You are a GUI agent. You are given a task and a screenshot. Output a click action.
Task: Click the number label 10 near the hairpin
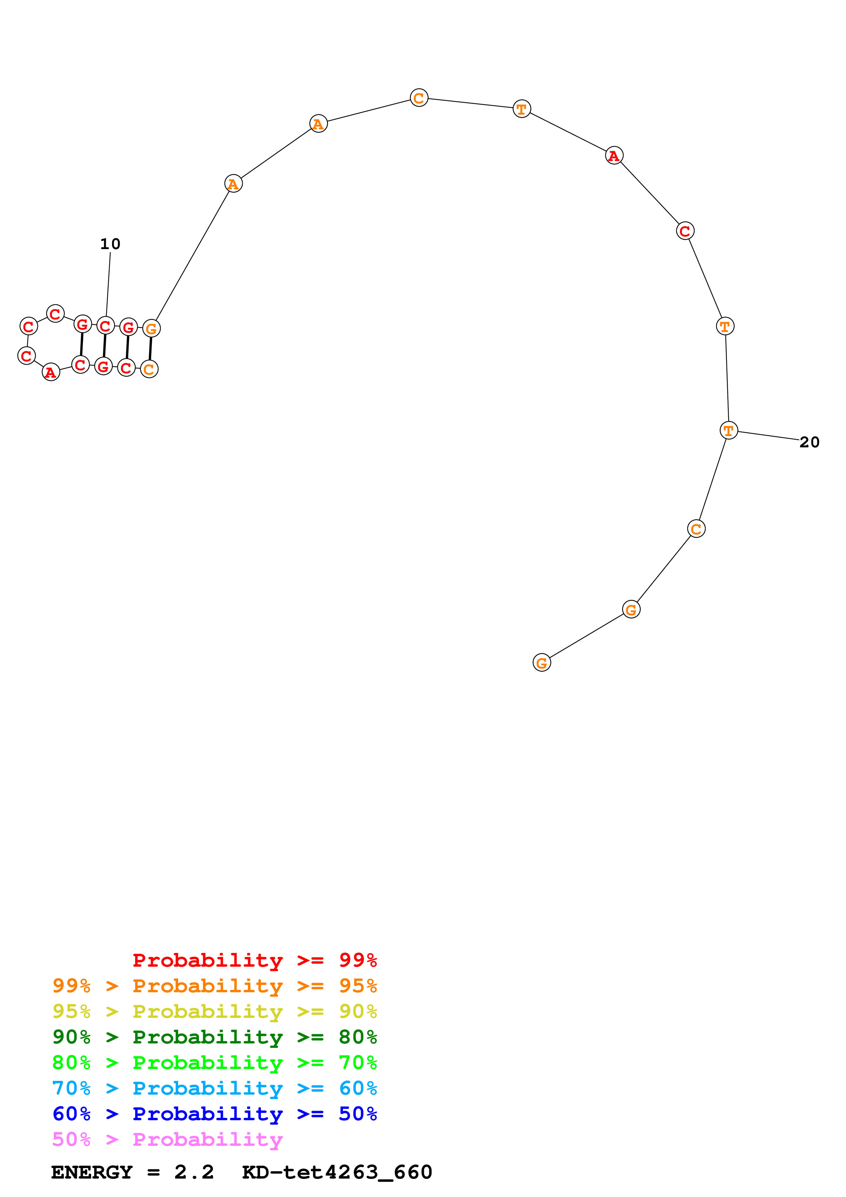pyautogui.click(x=110, y=244)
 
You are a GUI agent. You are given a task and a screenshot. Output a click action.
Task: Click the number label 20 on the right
pyautogui.click(x=809, y=442)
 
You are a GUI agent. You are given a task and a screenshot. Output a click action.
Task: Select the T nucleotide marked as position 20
pyautogui.click(x=728, y=431)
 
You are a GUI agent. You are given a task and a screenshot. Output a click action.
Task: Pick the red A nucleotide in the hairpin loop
pyautogui.click(x=51, y=372)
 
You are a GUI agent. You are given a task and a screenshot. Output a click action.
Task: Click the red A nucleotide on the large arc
pyautogui.click(x=614, y=155)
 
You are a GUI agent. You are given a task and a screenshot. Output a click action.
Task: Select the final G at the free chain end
pyautogui.click(x=542, y=663)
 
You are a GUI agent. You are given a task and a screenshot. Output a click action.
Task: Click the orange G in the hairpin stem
pyautogui.click(x=151, y=329)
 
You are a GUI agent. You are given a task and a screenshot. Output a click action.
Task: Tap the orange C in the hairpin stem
pyautogui.click(x=149, y=369)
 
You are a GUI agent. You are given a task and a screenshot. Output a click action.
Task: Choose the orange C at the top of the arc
pyautogui.click(x=419, y=98)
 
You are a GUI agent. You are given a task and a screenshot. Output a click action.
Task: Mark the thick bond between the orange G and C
pyautogui.click(x=150, y=349)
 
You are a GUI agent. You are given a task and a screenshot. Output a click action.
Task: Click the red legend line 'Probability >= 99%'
pyautogui.click(x=254, y=960)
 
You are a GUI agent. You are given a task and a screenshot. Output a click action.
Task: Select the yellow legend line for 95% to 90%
pyautogui.click(x=214, y=1011)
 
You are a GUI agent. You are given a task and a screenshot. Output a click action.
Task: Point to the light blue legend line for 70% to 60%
pyautogui.click(x=214, y=1088)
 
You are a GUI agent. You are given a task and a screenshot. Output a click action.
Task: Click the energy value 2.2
pyautogui.click(x=194, y=1172)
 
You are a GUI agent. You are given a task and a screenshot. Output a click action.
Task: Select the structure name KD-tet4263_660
pyautogui.click(x=337, y=1172)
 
